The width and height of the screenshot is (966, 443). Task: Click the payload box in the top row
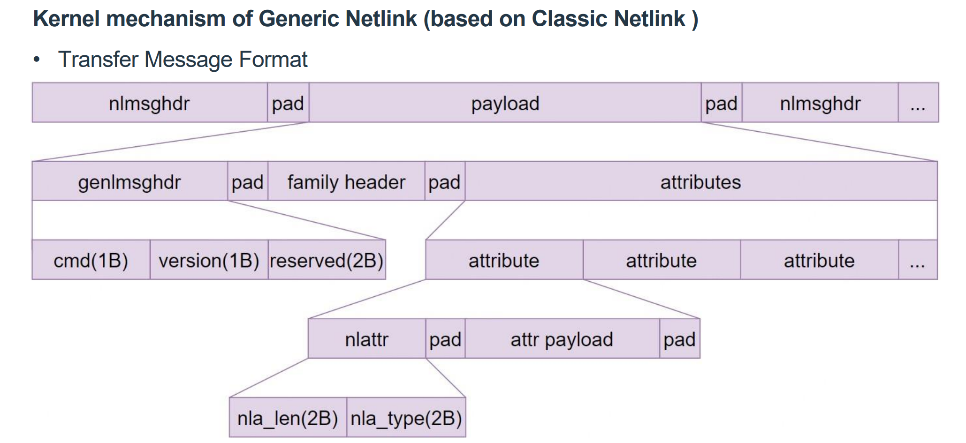point(505,103)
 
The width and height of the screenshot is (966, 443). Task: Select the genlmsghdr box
point(129,182)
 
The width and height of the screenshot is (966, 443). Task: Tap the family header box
point(346,182)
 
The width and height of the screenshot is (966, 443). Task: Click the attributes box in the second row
point(700,182)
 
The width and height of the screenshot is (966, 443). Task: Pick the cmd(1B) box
point(91,261)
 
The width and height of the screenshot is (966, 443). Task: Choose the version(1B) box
point(209,261)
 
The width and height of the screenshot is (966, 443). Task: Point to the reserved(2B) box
point(327,261)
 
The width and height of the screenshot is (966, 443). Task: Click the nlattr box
point(367,339)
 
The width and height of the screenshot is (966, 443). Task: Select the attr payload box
point(562,339)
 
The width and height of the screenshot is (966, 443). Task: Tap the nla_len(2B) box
point(288,418)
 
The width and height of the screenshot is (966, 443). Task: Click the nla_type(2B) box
point(406,418)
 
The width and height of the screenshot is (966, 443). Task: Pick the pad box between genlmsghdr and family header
point(248,182)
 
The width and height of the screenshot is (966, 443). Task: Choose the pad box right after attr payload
point(679,339)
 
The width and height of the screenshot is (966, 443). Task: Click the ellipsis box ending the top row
point(918,103)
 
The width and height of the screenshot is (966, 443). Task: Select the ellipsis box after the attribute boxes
point(918,261)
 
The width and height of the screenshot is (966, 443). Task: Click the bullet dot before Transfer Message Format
point(37,60)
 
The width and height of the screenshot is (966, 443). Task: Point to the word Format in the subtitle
point(273,60)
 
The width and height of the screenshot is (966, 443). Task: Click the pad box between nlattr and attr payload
point(445,339)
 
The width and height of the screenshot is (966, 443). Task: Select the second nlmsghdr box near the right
point(820,103)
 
